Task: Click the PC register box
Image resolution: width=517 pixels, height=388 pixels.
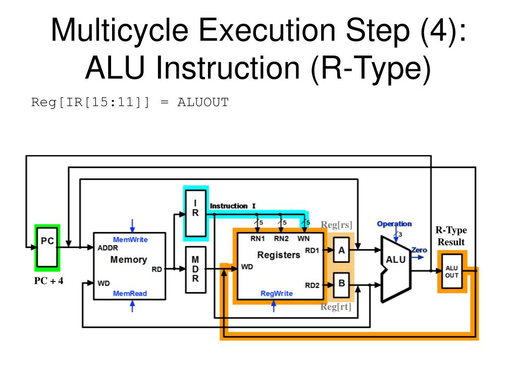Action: tap(47, 247)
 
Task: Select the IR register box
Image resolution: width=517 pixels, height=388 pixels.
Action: tap(195, 213)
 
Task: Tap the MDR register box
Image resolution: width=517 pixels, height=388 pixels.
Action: tap(195, 270)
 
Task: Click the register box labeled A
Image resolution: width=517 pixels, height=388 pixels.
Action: tap(341, 250)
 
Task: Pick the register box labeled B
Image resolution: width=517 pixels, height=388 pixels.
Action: tap(341, 284)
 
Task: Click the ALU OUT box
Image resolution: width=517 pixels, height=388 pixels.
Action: tap(452, 271)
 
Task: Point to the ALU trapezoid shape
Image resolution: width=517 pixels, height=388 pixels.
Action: tap(396, 269)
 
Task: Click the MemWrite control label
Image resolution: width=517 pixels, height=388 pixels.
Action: tap(130, 239)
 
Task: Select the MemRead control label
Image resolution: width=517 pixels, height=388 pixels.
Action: tap(130, 294)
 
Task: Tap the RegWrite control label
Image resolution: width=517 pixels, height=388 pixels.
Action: tap(277, 294)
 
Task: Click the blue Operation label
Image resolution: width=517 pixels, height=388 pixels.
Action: tap(394, 224)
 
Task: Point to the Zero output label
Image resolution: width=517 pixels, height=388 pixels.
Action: tap(419, 250)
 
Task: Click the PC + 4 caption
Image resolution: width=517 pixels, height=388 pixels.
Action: tap(49, 281)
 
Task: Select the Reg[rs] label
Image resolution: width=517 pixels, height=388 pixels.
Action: tap(337, 225)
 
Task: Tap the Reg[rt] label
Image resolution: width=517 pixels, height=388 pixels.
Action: tap(336, 307)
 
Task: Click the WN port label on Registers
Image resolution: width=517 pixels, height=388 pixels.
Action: tap(303, 238)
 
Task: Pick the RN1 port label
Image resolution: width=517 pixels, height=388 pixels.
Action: tap(257, 238)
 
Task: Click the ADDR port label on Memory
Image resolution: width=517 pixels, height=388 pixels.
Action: tap(108, 248)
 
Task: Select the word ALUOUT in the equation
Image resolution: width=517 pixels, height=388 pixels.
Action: tap(203, 102)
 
